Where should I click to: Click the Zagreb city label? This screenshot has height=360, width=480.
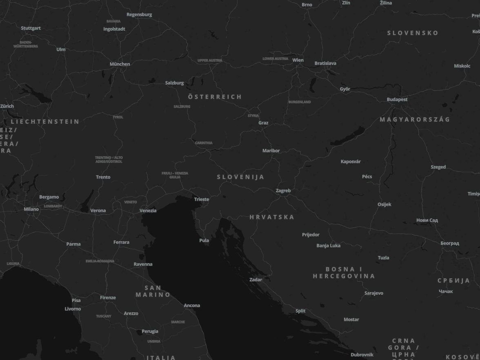tap(283, 191)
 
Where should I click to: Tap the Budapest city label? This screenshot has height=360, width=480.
tap(397, 99)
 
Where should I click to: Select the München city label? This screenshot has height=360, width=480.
tap(120, 64)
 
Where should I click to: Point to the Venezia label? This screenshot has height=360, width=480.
tap(148, 211)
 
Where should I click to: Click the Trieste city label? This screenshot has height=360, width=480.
tap(202, 199)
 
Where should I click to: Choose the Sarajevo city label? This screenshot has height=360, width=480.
tap(374, 293)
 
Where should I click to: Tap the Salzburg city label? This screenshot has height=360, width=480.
tap(175, 83)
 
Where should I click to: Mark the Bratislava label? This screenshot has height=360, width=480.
tap(325, 63)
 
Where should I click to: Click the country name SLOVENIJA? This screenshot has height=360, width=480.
tap(241, 177)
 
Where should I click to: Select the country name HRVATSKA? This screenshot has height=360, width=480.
tap(272, 217)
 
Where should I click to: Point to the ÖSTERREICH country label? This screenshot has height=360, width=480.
tap(215, 97)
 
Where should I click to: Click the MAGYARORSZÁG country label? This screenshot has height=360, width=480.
tap(415, 119)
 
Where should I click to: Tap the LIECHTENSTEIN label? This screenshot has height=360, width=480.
tap(45, 122)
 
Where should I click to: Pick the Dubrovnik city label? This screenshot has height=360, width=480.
tap(362, 355)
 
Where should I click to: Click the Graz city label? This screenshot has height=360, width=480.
tap(263, 123)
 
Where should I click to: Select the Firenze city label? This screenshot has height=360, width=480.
tap(108, 298)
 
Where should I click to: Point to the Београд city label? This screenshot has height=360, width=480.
tap(450, 243)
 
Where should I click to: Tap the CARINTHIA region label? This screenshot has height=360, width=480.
tap(204, 143)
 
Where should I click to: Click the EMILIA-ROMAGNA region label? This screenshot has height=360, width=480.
tap(100, 261)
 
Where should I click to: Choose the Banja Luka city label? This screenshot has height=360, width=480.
tap(329, 246)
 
